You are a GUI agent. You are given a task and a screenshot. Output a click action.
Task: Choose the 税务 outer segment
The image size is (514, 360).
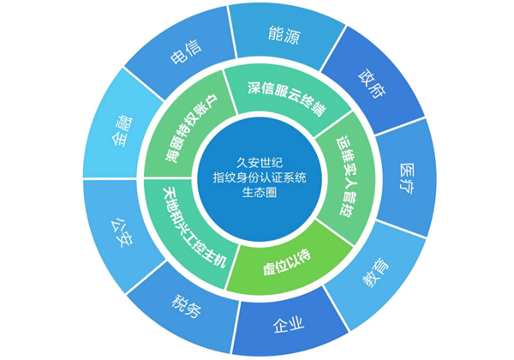click(x=188, y=306)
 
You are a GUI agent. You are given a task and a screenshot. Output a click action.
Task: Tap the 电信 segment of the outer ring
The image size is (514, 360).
click(x=186, y=57)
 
